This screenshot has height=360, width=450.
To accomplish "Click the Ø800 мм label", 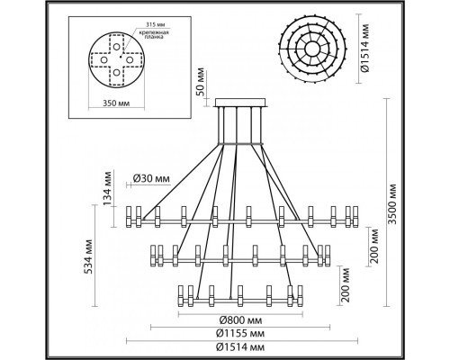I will tap(240, 319).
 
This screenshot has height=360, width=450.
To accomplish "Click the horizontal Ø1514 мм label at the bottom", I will tap(240, 344).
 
